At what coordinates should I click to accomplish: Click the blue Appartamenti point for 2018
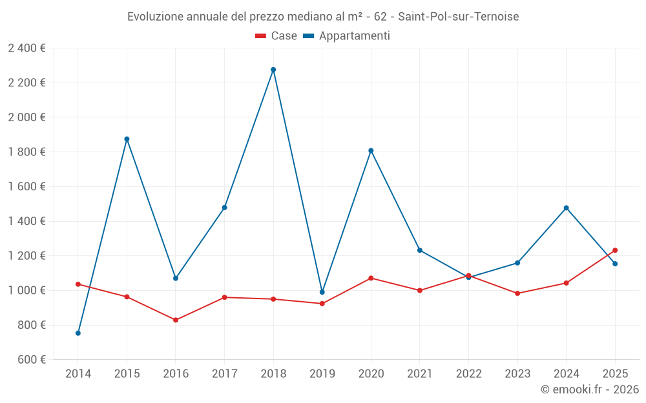point(273,70)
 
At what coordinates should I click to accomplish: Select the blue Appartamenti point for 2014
point(78,333)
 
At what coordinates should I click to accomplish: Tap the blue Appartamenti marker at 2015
point(127,139)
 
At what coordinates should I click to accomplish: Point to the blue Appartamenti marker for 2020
point(371,151)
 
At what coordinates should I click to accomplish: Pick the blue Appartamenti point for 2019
point(322,292)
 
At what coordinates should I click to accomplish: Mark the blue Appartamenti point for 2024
point(567,208)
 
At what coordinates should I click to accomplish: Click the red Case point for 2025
point(615,250)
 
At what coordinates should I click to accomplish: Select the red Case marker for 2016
point(176,320)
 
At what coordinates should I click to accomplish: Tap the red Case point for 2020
point(371,278)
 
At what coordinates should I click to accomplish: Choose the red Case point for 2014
point(78,284)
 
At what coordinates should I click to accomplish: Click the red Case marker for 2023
point(517,293)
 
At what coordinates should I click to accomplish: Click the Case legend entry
point(276,36)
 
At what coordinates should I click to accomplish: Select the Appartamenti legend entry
point(347,36)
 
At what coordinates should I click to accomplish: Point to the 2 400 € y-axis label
point(26,48)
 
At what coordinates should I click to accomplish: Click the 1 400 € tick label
point(26,221)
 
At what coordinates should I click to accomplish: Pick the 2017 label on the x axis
point(224,374)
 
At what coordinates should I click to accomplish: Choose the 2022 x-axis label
point(468,374)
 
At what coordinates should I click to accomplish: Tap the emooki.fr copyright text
point(590,389)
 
